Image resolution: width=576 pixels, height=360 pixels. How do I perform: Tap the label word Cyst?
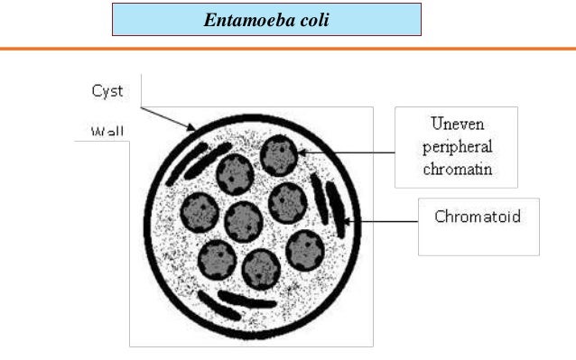(107, 91)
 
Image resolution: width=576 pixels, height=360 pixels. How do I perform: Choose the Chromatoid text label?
(478, 218)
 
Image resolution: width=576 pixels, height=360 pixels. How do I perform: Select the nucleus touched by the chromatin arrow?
(279, 156)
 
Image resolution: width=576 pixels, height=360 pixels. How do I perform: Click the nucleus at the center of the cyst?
(243, 220)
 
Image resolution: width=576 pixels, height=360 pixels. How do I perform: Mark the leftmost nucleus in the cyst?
(199, 214)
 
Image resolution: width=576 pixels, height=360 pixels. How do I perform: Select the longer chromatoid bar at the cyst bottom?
(246, 300)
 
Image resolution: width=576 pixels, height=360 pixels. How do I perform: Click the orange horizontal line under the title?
(288, 47)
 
